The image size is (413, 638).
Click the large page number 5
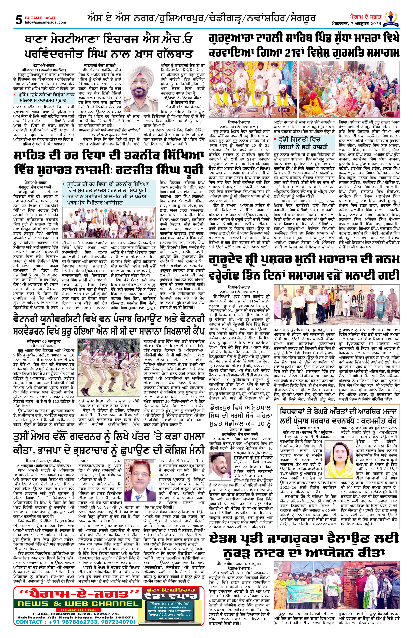[19, 20]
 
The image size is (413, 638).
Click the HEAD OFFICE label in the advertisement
[78, 610]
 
